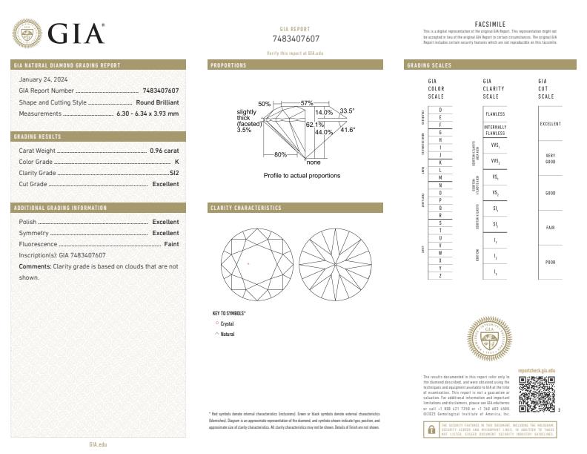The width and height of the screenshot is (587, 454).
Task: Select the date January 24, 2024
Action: click(x=42, y=79)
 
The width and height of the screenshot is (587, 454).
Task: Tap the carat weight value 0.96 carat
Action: click(x=164, y=150)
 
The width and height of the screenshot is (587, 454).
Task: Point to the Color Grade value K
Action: click(x=176, y=161)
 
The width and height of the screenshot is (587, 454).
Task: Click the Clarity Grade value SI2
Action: click(x=174, y=172)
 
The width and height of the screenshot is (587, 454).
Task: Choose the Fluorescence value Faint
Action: click(x=170, y=243)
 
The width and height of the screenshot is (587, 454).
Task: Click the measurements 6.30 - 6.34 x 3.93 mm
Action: click(x=147, y=113)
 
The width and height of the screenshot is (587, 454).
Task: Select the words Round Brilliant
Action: click(x=157, y=102)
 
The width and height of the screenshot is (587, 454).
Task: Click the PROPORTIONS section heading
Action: click(x=228, y=65)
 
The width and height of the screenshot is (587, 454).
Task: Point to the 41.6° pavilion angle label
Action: click(x=348, y=130)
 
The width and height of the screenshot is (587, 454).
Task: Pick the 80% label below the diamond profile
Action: click(x=280, y=154)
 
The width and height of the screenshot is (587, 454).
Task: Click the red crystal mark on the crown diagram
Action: click(x=248, y=263)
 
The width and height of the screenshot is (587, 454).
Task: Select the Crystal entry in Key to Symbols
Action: click(x=227, y=324)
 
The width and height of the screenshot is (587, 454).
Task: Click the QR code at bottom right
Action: click(x=536, y=394)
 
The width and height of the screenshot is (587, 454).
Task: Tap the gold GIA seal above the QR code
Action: click(x=489, y=340)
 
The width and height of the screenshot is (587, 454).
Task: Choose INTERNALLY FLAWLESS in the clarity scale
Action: click(x=495, y=130)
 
